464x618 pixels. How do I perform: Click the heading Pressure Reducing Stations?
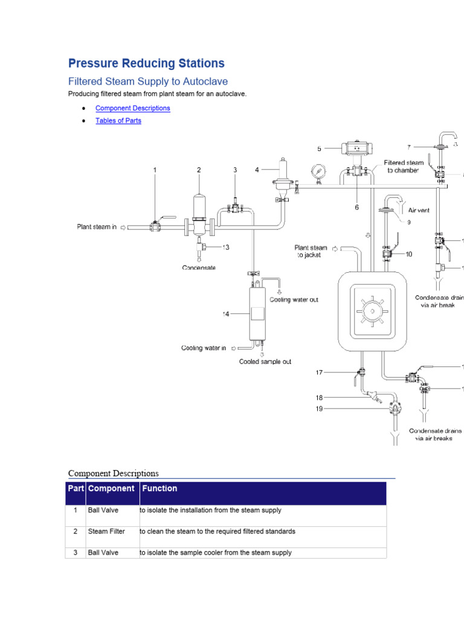pyautogui.click(x=146, y=63)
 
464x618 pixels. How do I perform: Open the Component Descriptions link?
pyautogui.click(x=132, y=109)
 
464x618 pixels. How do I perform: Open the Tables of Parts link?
pyautogui.click(x=118, y=121)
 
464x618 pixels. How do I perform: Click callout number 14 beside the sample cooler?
pyautogui.click(x=225, y=314)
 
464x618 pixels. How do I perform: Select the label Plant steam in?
pyautogui.click(x=97, y=227)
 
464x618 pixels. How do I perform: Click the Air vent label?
pyautogui.click(x=419, y=211)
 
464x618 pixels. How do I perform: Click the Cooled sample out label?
pyautogui.click(x=265, y=362)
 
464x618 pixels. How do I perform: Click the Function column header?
pyautogui.click(x=159, y=488)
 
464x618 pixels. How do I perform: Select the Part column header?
pyautogui.click(x=76, y=488)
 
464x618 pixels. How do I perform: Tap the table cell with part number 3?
pyautogui.click(x=76, y=553)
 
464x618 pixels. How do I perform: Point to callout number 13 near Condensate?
pyautogui.click(x=225, y=247)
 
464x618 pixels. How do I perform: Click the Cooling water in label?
pyautogui.click(x=204, y=348)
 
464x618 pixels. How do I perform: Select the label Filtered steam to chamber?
pyautogui.click(x=404, y=167)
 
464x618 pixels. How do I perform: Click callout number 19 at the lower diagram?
pyautogui.click(x=318, y=409)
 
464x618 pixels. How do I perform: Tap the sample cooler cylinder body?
pyautogui.click(x=257, y=314)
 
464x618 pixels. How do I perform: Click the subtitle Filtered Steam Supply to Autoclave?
pyautogui.click(x=148, y=81)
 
